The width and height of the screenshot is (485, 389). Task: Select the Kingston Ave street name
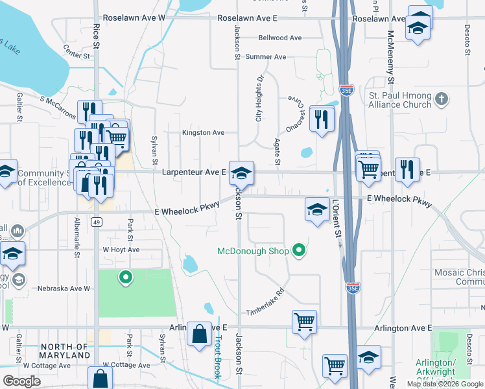(x=203, y=133)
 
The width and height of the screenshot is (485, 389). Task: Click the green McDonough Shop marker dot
(x=298, y=250)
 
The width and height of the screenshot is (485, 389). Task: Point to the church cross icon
(x=442, y=99)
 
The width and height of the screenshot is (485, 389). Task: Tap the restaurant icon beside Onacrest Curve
(x=322, y=118)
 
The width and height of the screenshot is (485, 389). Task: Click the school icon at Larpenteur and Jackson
(x=241, y=172)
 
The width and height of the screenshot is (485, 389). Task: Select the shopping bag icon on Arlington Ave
(x=200, y=334)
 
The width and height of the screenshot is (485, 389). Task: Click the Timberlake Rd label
(x=265, y=302)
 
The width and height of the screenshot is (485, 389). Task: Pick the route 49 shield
(x=97, y=222)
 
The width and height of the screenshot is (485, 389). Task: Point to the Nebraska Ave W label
(x=64, y=289)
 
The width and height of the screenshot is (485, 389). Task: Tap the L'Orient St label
(x=337, y=221)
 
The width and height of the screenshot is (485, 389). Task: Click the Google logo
(x=22, y=381)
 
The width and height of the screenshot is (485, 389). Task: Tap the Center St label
(x=76, y=51)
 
